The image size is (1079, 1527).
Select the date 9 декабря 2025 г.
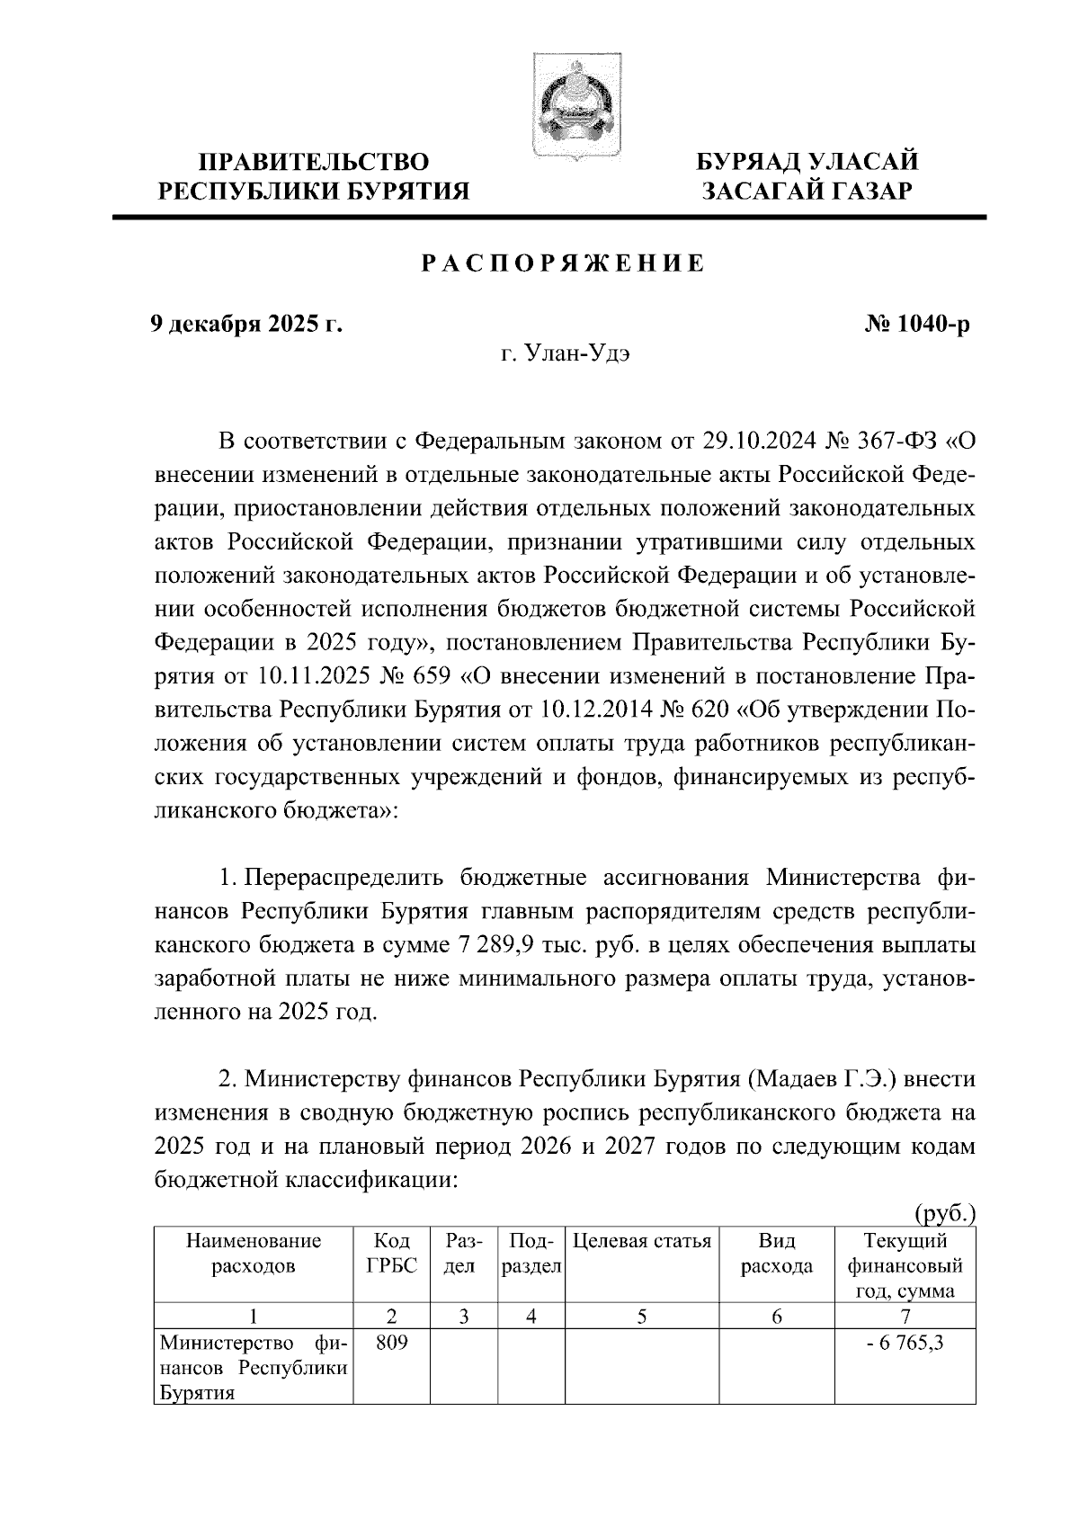pos(245,324)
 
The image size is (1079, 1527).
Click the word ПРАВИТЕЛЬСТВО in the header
pos(314,162)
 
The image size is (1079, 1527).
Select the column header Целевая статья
pos(642,1242)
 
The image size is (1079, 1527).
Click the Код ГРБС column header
pos(391,1254)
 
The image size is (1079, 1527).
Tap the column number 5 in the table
pos(642,1317)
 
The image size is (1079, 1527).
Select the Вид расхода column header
pos(776,1254)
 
